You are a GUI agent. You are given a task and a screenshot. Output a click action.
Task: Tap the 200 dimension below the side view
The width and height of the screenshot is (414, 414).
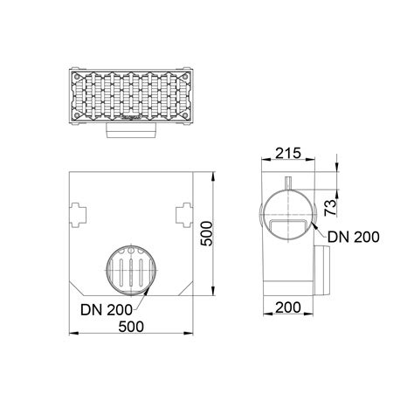286,307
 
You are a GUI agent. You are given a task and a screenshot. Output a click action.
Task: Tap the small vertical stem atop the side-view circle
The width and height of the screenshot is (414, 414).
286,186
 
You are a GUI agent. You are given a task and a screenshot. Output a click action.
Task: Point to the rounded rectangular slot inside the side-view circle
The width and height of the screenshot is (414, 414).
287,227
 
